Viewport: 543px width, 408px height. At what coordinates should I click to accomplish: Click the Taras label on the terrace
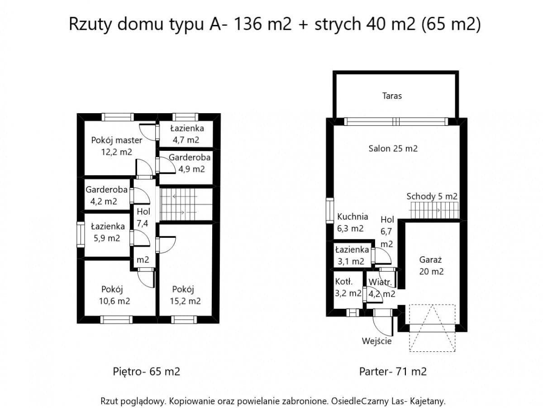tap(391, 96)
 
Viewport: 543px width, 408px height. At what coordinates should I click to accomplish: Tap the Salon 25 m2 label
tap(392, 149)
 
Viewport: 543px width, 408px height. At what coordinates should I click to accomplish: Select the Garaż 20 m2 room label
tap(431, 266)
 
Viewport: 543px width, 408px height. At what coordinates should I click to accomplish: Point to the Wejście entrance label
tap(376, 341)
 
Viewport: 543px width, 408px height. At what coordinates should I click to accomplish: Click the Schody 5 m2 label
tap(432, 197)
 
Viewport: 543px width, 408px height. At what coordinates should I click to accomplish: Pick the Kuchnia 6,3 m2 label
tap(352, 222)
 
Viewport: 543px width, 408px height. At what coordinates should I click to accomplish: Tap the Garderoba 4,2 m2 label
tap(106, 196)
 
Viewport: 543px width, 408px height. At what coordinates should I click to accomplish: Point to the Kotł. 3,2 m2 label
tap(348, 287)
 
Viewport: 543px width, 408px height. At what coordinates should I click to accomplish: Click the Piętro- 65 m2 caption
tap(146, 372)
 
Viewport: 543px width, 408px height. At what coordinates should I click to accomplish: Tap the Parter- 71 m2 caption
tap(392, 372)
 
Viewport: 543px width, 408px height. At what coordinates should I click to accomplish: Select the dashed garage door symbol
tap(432, 327)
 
